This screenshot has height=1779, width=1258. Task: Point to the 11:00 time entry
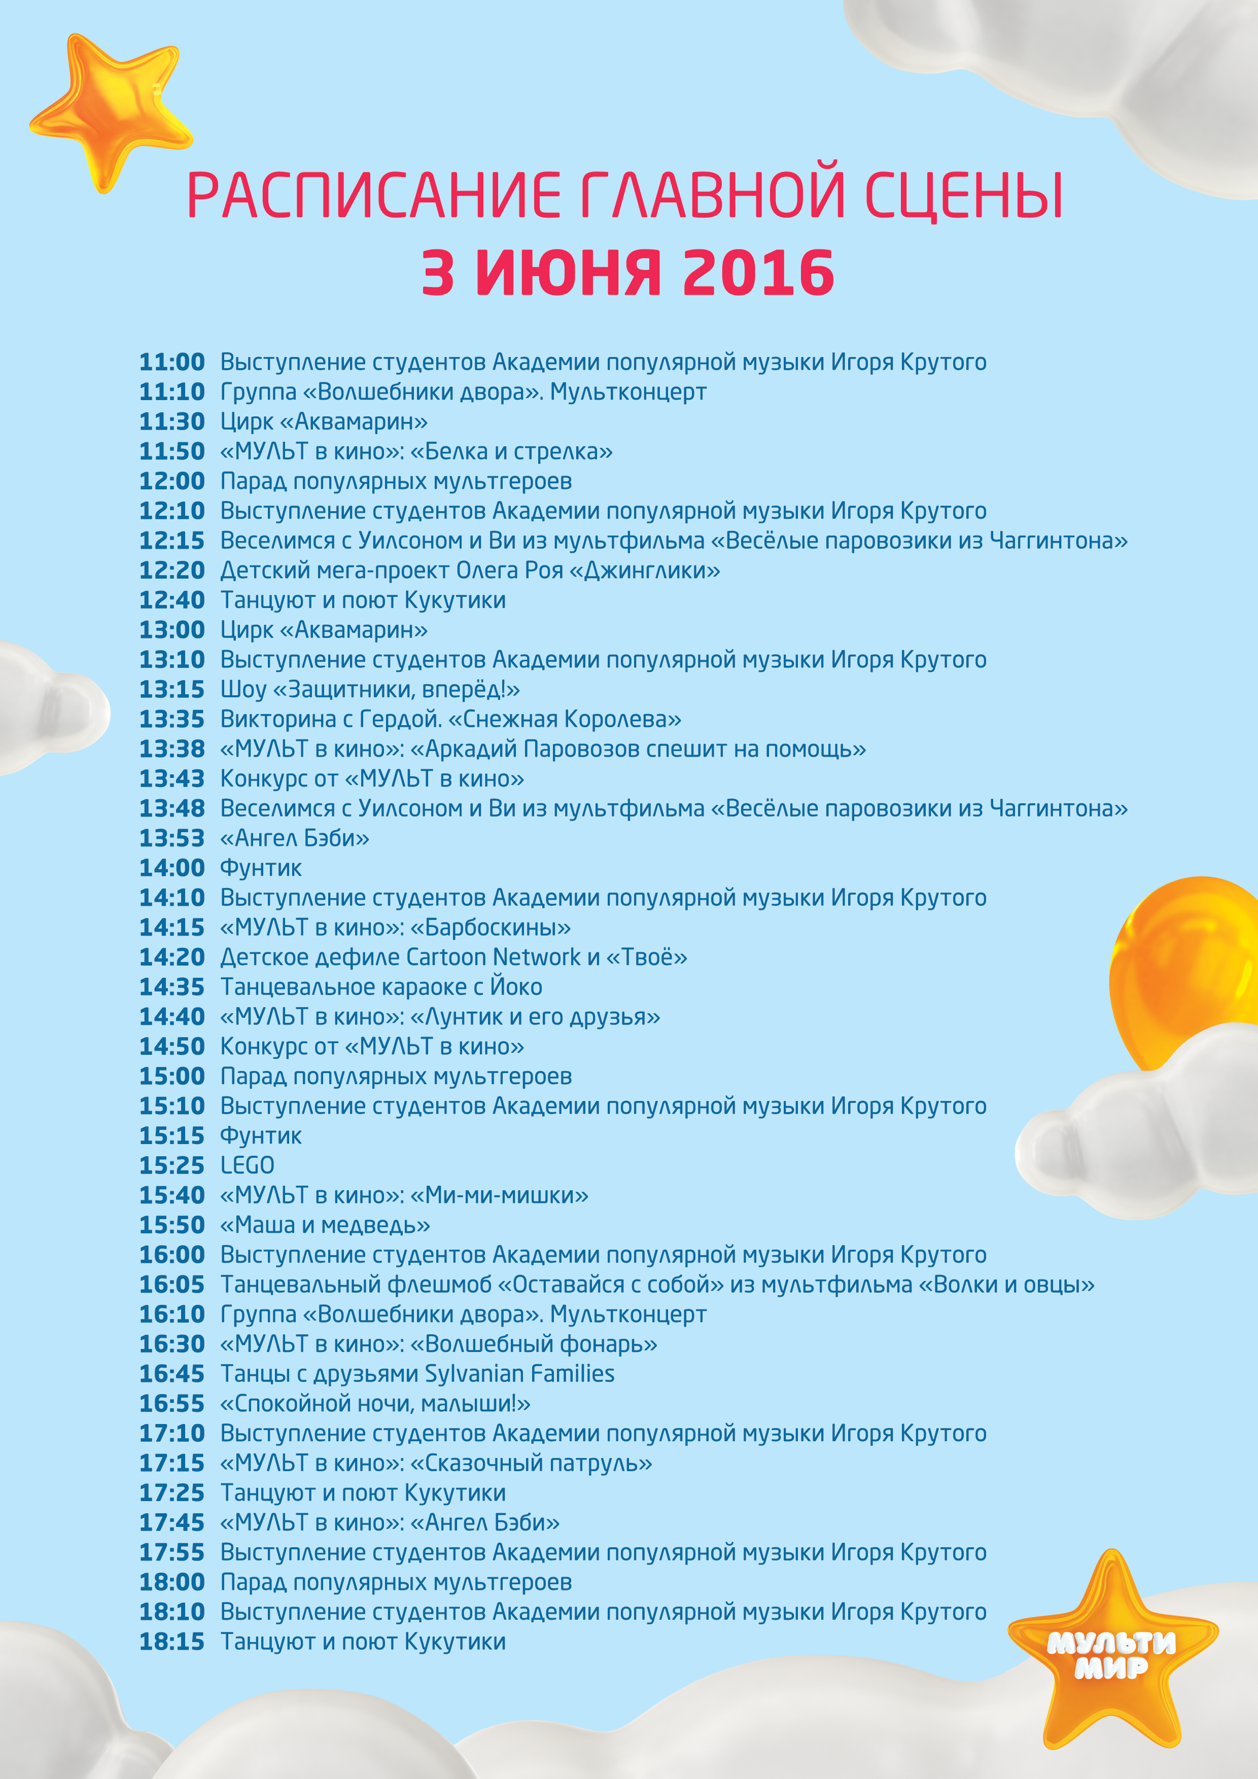tap(172, 362)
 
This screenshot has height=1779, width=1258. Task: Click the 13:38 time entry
tap(172, 749)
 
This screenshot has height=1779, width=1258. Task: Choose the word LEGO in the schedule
tap(247, 1165)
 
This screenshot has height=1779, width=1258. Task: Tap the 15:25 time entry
tap(172, 1165)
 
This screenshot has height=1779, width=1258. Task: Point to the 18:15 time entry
tap(172, 1641)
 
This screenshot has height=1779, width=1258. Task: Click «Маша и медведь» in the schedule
tap(325, 1225)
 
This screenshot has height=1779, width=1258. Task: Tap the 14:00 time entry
tap(172, 868)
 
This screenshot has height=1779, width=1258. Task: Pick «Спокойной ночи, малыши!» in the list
tap(375, 1403)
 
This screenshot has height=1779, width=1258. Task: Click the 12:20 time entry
tap(172, 571)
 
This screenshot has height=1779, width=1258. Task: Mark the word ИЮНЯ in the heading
tap(568, 273)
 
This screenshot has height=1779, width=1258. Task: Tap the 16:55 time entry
tap(172, 1403)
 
